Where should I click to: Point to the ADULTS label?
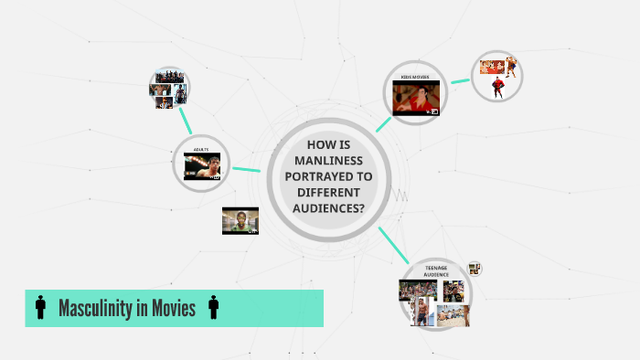pos(201,148)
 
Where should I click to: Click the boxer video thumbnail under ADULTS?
pos(201,165)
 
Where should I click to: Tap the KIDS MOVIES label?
pos(415,77)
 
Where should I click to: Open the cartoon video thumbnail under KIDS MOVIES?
pos(416,98)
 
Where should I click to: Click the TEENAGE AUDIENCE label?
pos(436,271)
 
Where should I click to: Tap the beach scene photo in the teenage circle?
pos(452,315)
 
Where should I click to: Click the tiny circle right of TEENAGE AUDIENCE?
pos(474,269)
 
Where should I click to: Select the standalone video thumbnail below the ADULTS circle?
pos(240,220)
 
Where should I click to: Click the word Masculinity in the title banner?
pos(97,308)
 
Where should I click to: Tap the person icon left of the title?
pos(40,308)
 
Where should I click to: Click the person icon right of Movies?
pos(213,308)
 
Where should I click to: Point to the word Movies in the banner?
pos(173,308)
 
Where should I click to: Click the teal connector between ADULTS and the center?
pos(247,169)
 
